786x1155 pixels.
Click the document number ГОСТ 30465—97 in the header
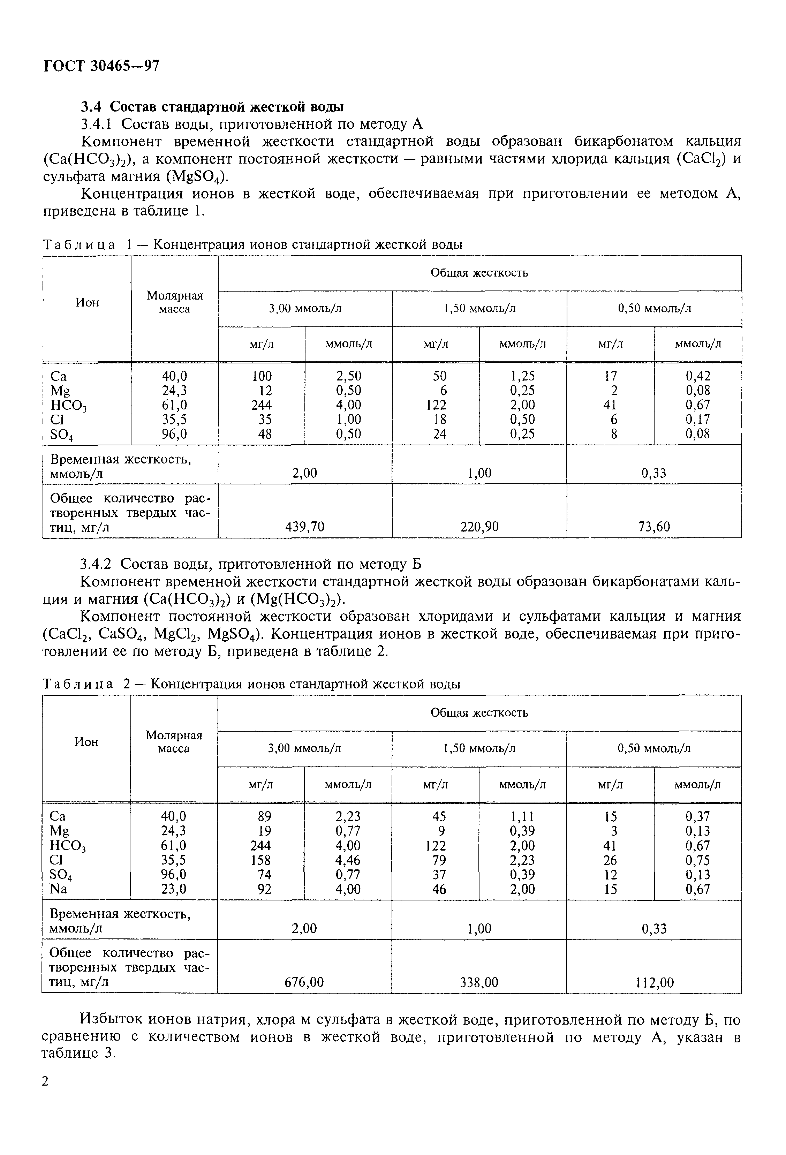(x=101, y=66)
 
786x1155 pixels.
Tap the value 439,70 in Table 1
(x=304, y=527)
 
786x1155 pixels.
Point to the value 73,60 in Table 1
(x=654, y=527)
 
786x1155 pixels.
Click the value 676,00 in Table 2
(x=304, y=982)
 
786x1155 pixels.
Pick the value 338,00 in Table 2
(x=479, y=982)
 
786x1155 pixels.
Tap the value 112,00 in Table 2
(x=654, y=982)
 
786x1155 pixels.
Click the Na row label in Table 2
(x=58, y=889)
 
